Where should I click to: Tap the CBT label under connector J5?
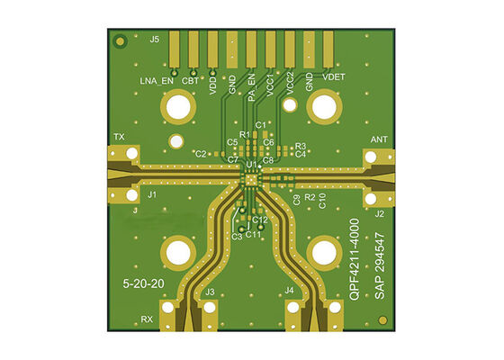pos(191,81)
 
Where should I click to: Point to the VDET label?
pos(334,77)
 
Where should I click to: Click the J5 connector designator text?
pos(155,40)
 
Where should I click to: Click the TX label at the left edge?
pos(119,137)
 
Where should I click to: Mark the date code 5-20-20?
pos(143,283)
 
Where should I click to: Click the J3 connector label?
pos(210,292)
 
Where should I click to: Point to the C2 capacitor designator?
pos(201,154)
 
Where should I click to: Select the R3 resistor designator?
pos(301,146)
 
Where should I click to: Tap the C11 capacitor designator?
pos(254,235)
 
